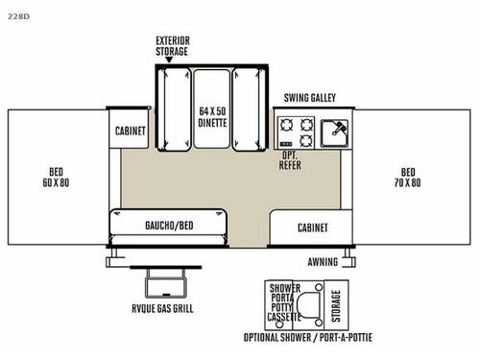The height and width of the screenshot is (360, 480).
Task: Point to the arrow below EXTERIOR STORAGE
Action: (170, 60)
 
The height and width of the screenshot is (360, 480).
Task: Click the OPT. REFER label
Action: (292, 160)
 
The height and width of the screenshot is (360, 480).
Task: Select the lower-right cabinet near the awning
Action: (312, 228)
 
